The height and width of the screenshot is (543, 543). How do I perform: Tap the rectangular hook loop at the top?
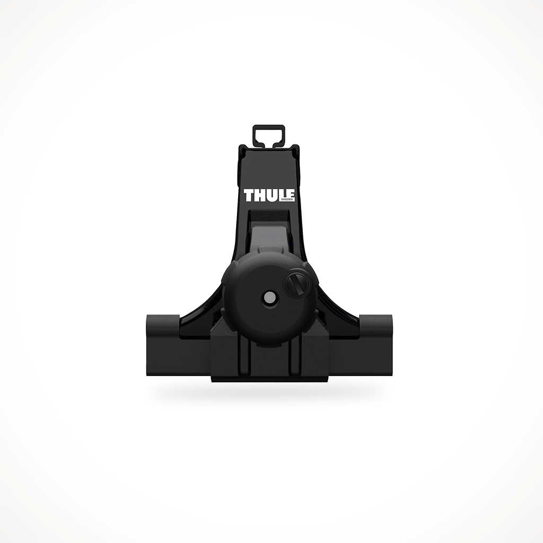pyautogui.click(x=269, y=135)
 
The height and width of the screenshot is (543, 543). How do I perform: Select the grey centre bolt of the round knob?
pyautogui.click(x=268, y=299)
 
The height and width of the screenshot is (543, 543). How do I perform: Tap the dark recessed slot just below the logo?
pyautogui.click(x=269, y=216)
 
